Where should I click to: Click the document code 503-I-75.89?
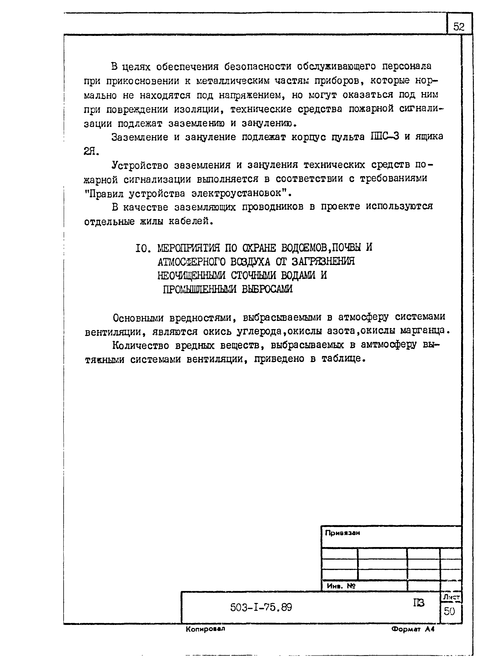pos(261,608)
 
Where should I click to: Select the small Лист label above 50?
pos(451,598)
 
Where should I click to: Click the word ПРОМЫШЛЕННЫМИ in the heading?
pos(199,289)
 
